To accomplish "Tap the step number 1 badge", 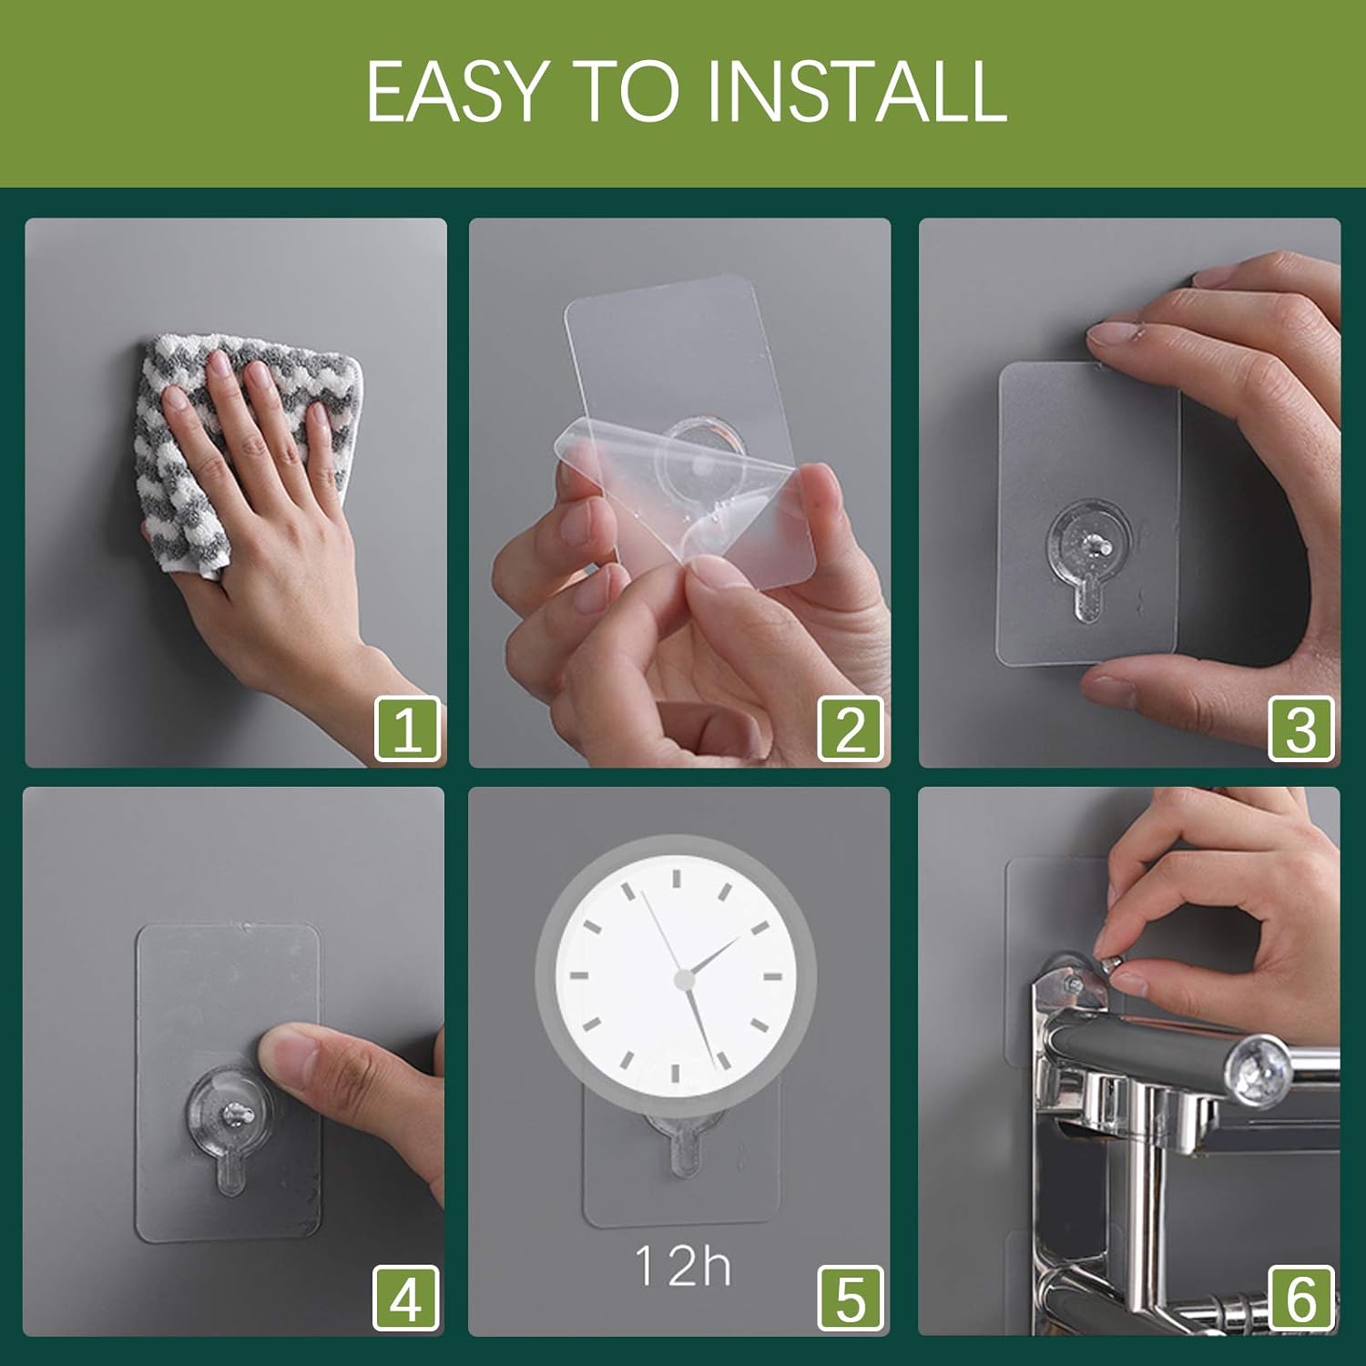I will tap(407, 729).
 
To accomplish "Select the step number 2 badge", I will tap(851, 729).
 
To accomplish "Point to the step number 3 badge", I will tap(1301, 729).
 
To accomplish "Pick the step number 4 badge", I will tap(406, 1298).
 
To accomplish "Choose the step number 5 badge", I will tap(851, 1298).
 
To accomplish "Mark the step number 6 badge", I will tap(1301, 1298).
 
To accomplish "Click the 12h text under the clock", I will tap(682, 1267).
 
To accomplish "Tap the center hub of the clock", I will tap(684, 979).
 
